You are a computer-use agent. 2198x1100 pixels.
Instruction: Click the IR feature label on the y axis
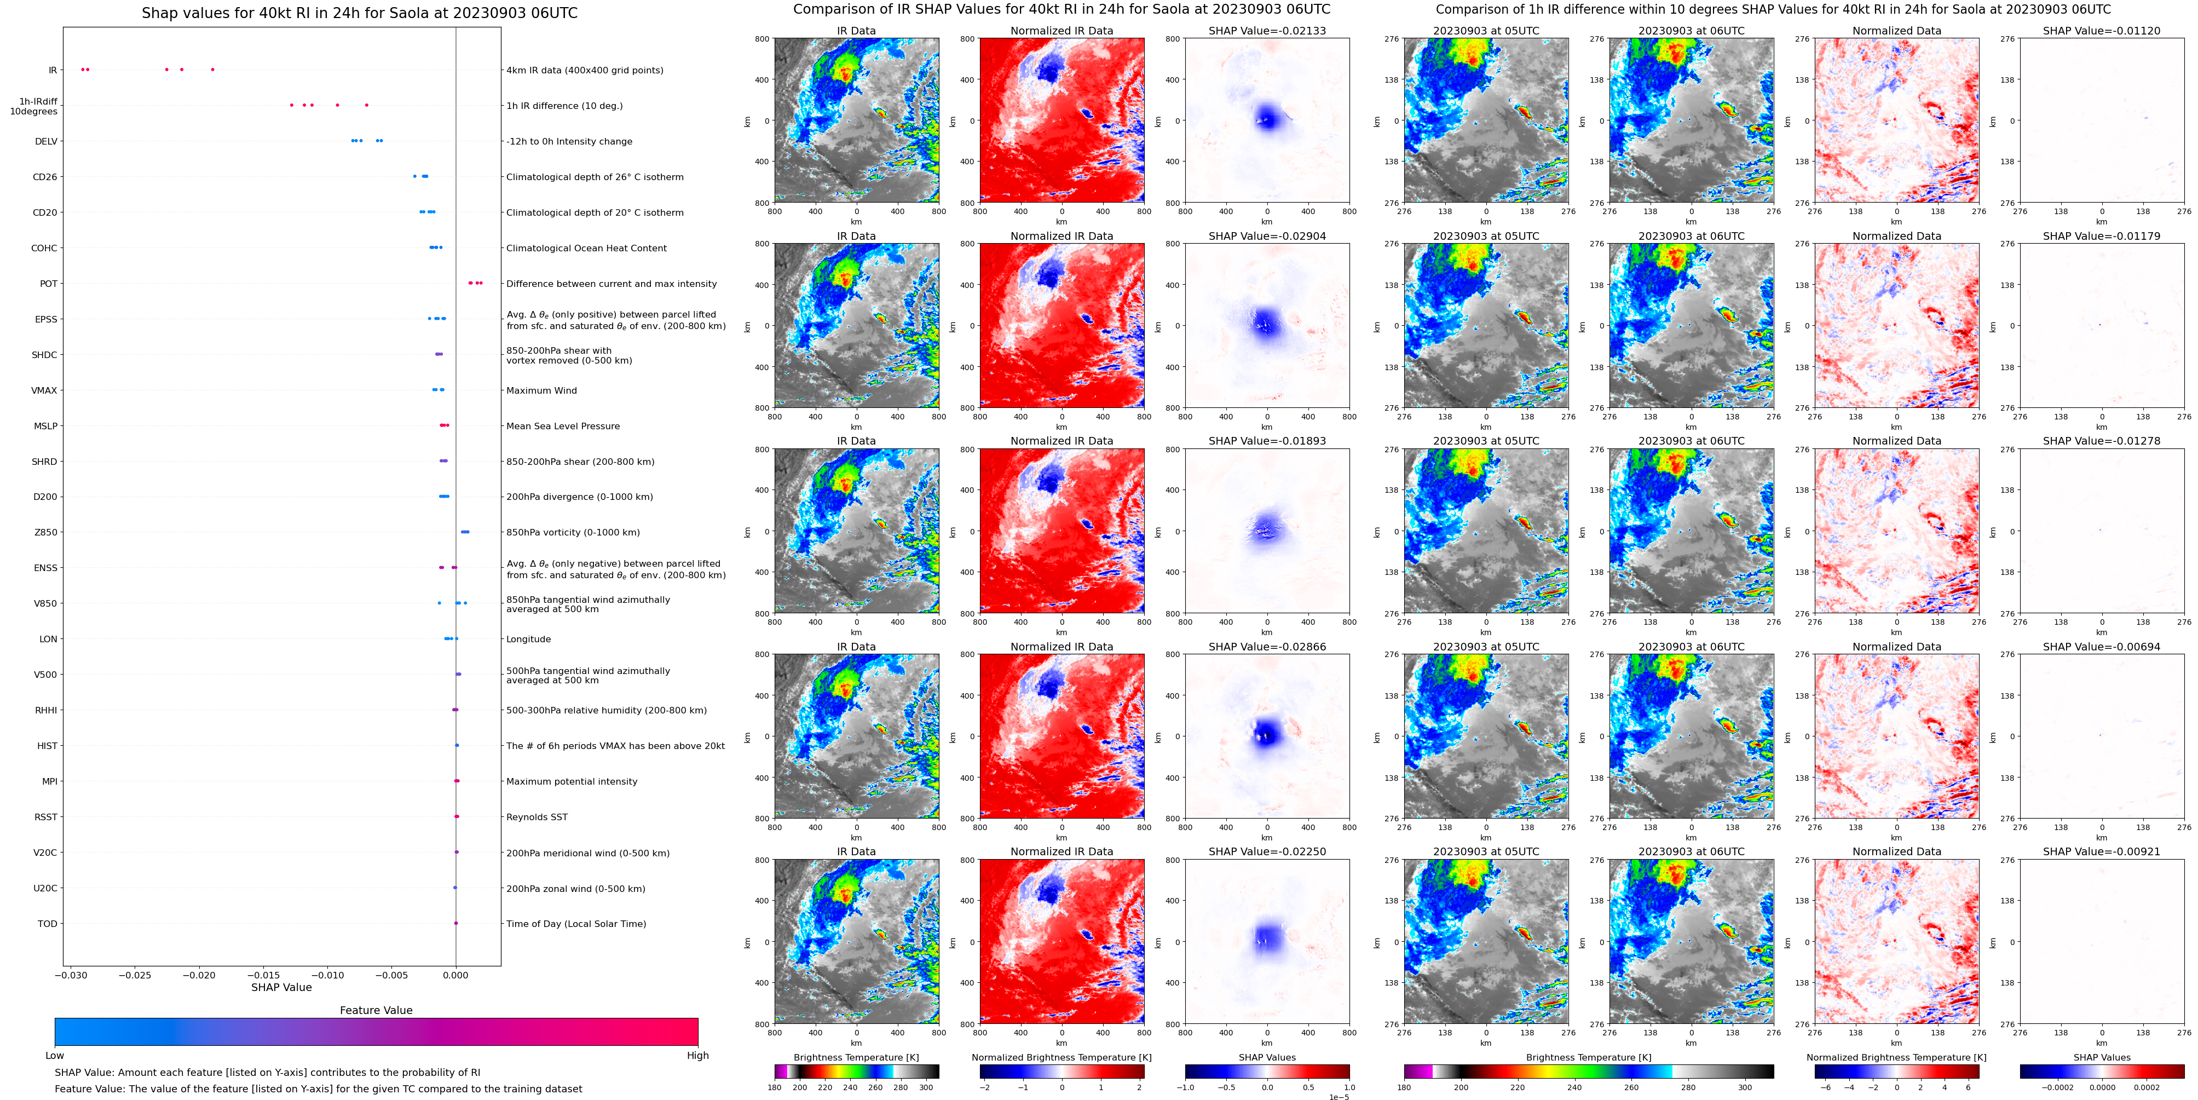53,71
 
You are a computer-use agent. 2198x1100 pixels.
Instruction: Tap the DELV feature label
46,142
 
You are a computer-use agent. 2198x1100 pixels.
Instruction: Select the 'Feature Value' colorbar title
376,1010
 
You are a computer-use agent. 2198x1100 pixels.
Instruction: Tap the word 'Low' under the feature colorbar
55,1056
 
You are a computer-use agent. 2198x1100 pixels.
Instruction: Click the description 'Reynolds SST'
536,817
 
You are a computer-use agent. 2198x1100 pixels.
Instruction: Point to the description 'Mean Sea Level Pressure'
563,427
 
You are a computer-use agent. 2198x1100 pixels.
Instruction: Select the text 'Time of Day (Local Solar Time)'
576,924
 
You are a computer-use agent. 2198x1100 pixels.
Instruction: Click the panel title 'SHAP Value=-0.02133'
1267,31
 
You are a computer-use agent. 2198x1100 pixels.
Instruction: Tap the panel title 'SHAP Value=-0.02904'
1267,237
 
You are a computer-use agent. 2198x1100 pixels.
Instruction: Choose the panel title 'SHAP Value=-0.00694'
2102,647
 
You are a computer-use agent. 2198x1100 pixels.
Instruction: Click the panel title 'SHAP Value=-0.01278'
2102,441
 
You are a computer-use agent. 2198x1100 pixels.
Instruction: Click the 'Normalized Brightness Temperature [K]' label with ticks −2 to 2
1061,1057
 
